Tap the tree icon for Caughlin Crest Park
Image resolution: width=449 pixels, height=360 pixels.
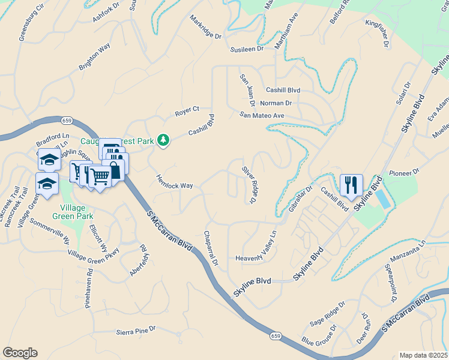click(163, 140)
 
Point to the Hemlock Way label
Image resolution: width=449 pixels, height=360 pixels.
click(175, 182)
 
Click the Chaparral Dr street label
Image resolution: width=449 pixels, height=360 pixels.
click(211, 248)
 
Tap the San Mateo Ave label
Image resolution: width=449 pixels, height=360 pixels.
click(261, 115)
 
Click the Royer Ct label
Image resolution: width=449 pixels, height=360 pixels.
click(187, 110)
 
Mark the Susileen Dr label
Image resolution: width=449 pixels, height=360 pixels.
click(243, 49)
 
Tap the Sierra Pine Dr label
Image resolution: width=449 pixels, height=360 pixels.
click(136, 330)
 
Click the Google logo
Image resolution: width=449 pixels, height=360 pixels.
click(20, 352)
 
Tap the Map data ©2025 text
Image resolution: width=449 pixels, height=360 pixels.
click(423, 355)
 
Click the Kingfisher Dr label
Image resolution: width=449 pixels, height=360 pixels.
click(378, 34)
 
